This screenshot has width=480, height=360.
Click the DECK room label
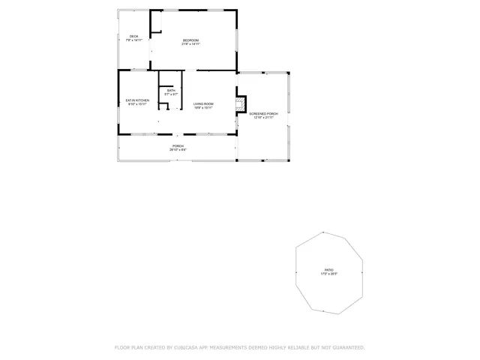(x=133, y=37)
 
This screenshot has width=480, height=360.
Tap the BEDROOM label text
(x=191, y=40)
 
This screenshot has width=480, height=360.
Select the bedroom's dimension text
(x=191, y=44)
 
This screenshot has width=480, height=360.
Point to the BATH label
(x=171, y=90)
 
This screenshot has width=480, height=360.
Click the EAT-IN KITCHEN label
(x=137, y=100)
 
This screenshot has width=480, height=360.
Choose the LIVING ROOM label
(x=203, y=103)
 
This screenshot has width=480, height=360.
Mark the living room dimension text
(x=203, y=108)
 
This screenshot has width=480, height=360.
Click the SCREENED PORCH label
(x=263, y=113)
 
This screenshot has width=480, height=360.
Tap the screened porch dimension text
(x=263, y=118)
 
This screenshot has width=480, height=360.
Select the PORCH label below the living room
(x=178, y=145)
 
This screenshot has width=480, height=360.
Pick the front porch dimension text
(x=178, y=150)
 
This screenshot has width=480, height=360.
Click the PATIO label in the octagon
(x=328, y=268)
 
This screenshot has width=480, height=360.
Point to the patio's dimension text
(x=328, y=273)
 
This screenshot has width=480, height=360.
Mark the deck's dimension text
(x=133, y=40)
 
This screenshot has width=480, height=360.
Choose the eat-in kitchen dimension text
(x=137, y=104)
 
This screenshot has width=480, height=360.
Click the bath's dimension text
(x=171, y=94)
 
